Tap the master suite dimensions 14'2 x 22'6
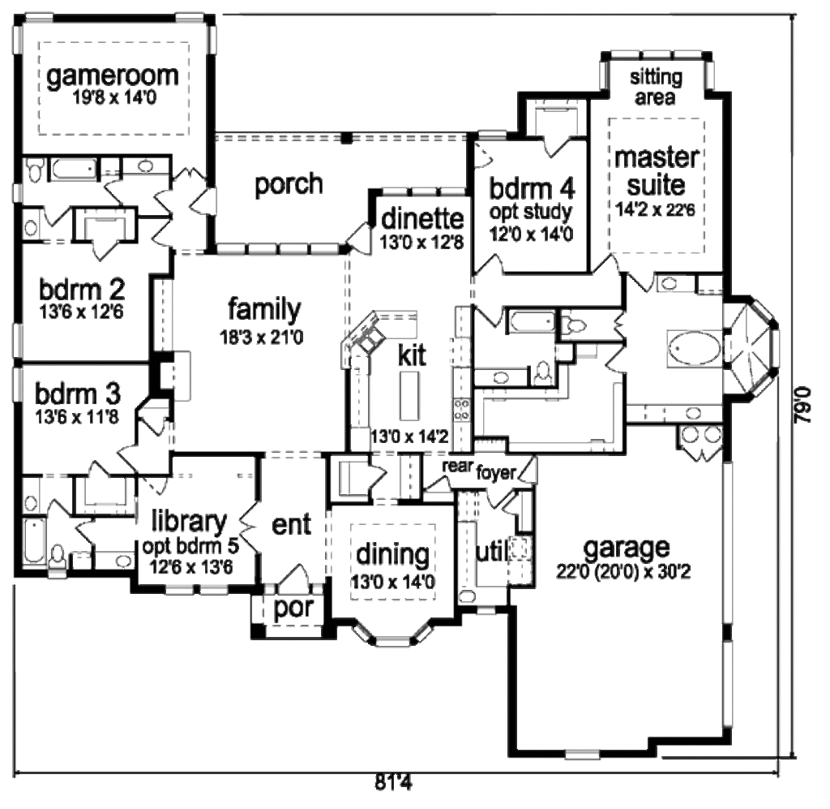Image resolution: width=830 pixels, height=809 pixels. tap(657, 206)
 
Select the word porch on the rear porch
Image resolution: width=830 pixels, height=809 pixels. tap(289, 184)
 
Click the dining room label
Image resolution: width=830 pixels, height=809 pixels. tap(393, 556)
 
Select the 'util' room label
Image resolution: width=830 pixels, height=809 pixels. tap(490, 553)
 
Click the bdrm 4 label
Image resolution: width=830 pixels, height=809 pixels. tap(533, 189)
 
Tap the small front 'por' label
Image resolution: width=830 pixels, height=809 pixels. tap(293, 609)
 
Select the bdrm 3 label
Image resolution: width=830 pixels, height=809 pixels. tap(78, 394)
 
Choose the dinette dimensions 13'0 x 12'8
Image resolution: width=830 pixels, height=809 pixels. tap(421, 241)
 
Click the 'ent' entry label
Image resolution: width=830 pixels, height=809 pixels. tap(291, 525)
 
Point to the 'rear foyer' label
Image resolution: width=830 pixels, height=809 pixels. tap(478, 471)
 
